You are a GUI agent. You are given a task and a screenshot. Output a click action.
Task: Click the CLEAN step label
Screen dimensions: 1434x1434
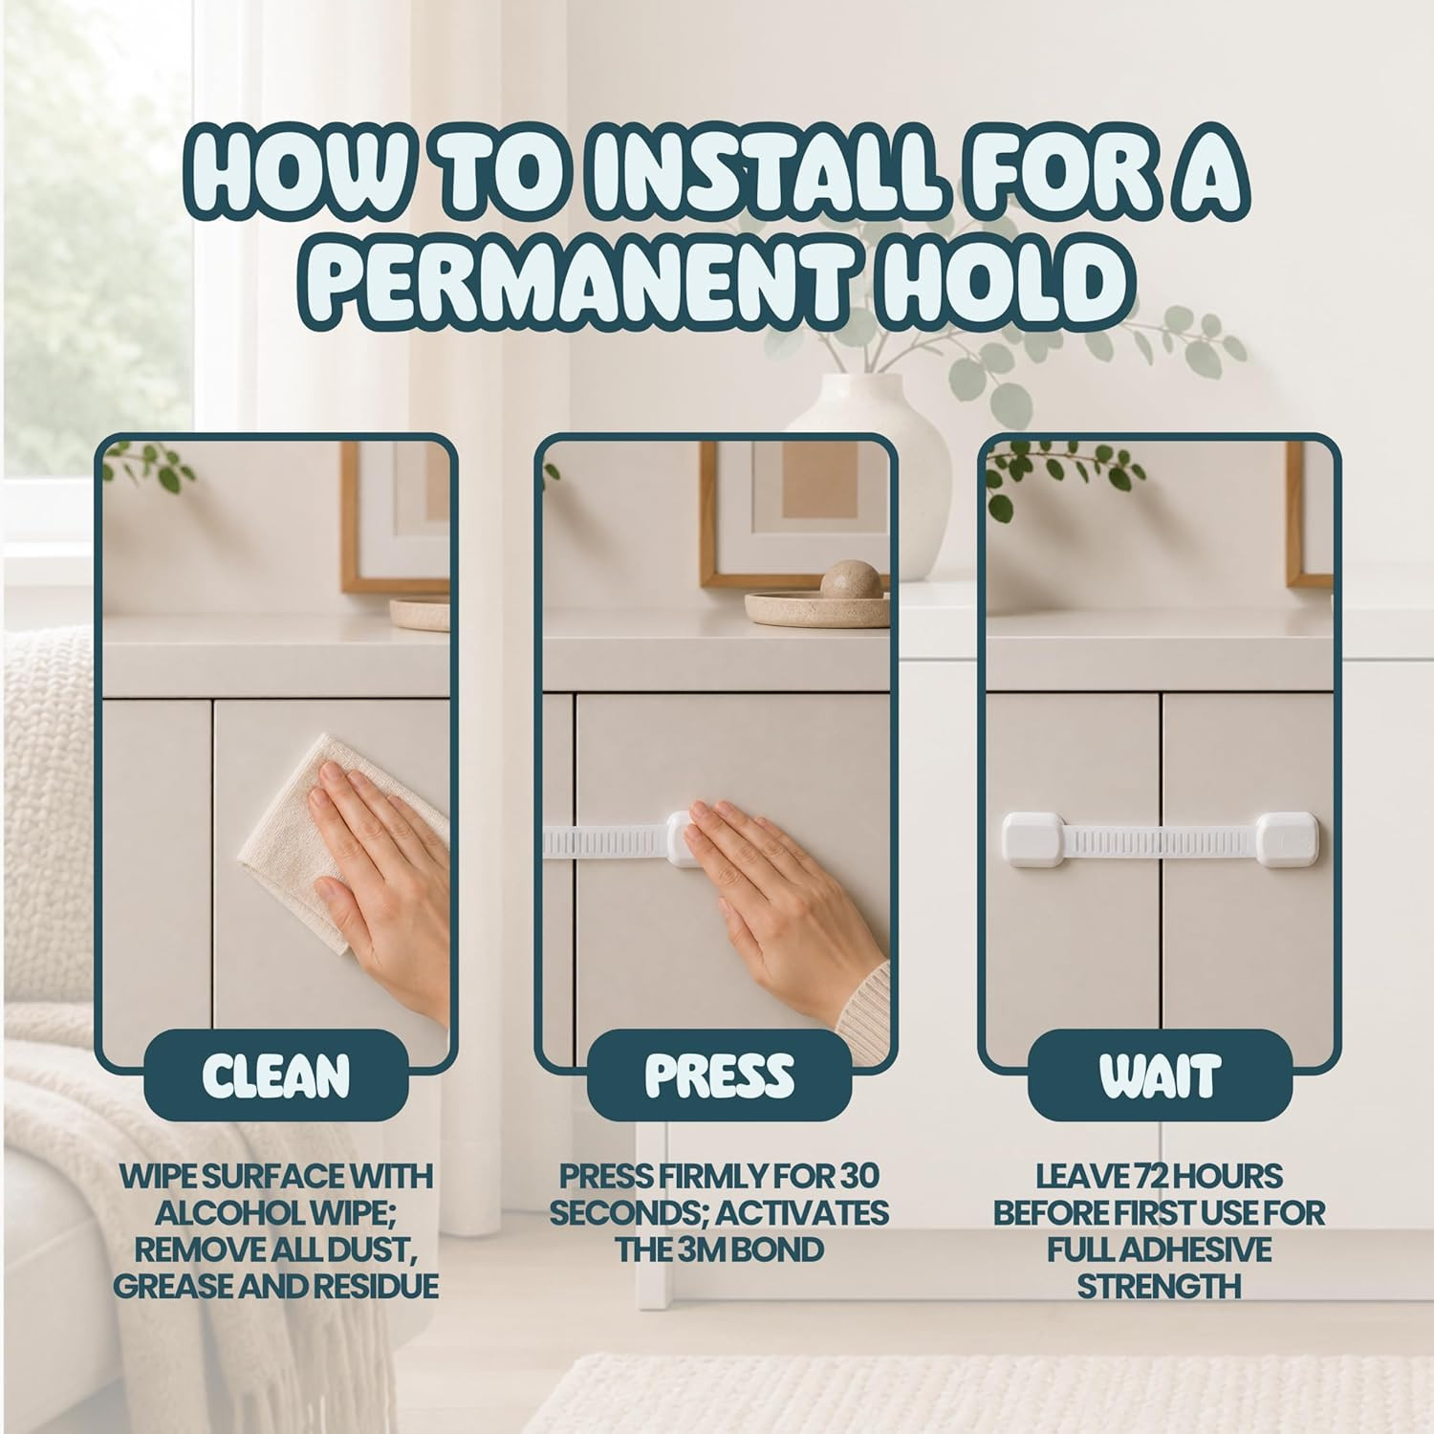276,1075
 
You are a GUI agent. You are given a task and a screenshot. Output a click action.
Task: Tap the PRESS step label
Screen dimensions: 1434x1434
719,1075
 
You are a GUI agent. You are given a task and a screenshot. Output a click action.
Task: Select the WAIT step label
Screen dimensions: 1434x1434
1159,1075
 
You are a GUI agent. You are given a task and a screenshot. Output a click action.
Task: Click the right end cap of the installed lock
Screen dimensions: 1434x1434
1284,840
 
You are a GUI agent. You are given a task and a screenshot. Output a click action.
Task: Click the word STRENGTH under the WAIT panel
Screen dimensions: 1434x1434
1159,1286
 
